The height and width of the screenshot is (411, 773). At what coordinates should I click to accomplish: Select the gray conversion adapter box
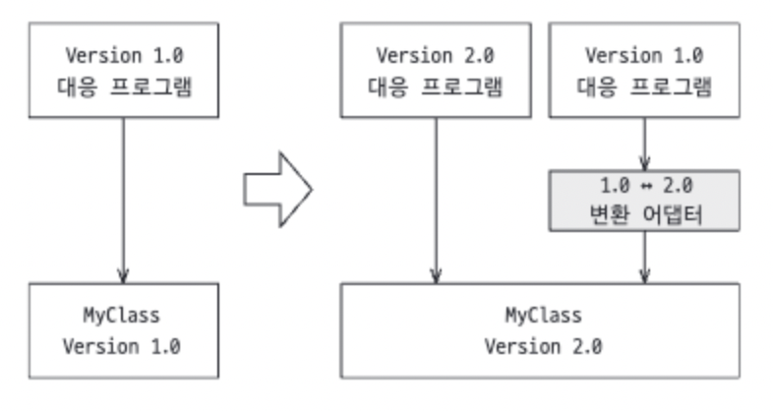click(x=644, y=200)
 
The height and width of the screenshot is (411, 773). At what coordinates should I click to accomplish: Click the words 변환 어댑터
click(x=644, y=214)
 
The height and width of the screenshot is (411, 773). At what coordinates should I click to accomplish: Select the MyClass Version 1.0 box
click(x=122, y=331)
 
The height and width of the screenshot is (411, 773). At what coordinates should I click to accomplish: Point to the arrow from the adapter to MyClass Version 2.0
click(x=644, y=258)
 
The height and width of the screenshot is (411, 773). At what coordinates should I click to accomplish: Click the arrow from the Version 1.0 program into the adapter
click(x=644, y=146)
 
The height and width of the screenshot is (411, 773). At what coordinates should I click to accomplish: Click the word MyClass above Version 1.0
click(x=122, y=316)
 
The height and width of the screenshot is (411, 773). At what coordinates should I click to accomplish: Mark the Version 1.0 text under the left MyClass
click(x=122, y=347)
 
